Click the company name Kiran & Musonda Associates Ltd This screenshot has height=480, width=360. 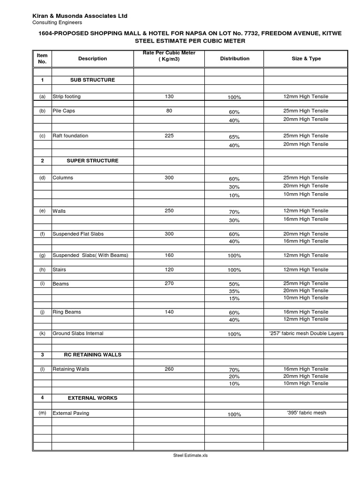click(80, 16)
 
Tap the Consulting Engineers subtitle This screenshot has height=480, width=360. click(57, 22)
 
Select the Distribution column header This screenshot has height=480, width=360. click(234, 59)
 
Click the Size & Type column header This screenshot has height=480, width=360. click(306, 59)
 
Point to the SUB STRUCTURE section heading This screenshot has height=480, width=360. click(92, 80)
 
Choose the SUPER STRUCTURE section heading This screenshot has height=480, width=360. click(92, 161)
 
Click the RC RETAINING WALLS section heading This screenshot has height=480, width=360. click(92, 355)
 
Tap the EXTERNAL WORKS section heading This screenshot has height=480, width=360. click(92, 398)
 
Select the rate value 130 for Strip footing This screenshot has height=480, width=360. click(169, 97)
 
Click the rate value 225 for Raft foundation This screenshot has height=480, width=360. click(169, 136)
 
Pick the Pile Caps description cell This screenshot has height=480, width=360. click(64, 111)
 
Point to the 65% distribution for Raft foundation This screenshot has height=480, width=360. click(234, 137)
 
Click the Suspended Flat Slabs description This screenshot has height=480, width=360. click(78, 234)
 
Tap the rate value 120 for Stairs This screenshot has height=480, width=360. click(169, 270)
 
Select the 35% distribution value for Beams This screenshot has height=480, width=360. click(234, 292)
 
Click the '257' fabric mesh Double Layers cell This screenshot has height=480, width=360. click(306, 333)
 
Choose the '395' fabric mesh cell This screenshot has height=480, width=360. click(306, 413)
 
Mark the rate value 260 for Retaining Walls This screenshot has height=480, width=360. click(169, 369)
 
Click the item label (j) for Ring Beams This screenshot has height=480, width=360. click(42, 312)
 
